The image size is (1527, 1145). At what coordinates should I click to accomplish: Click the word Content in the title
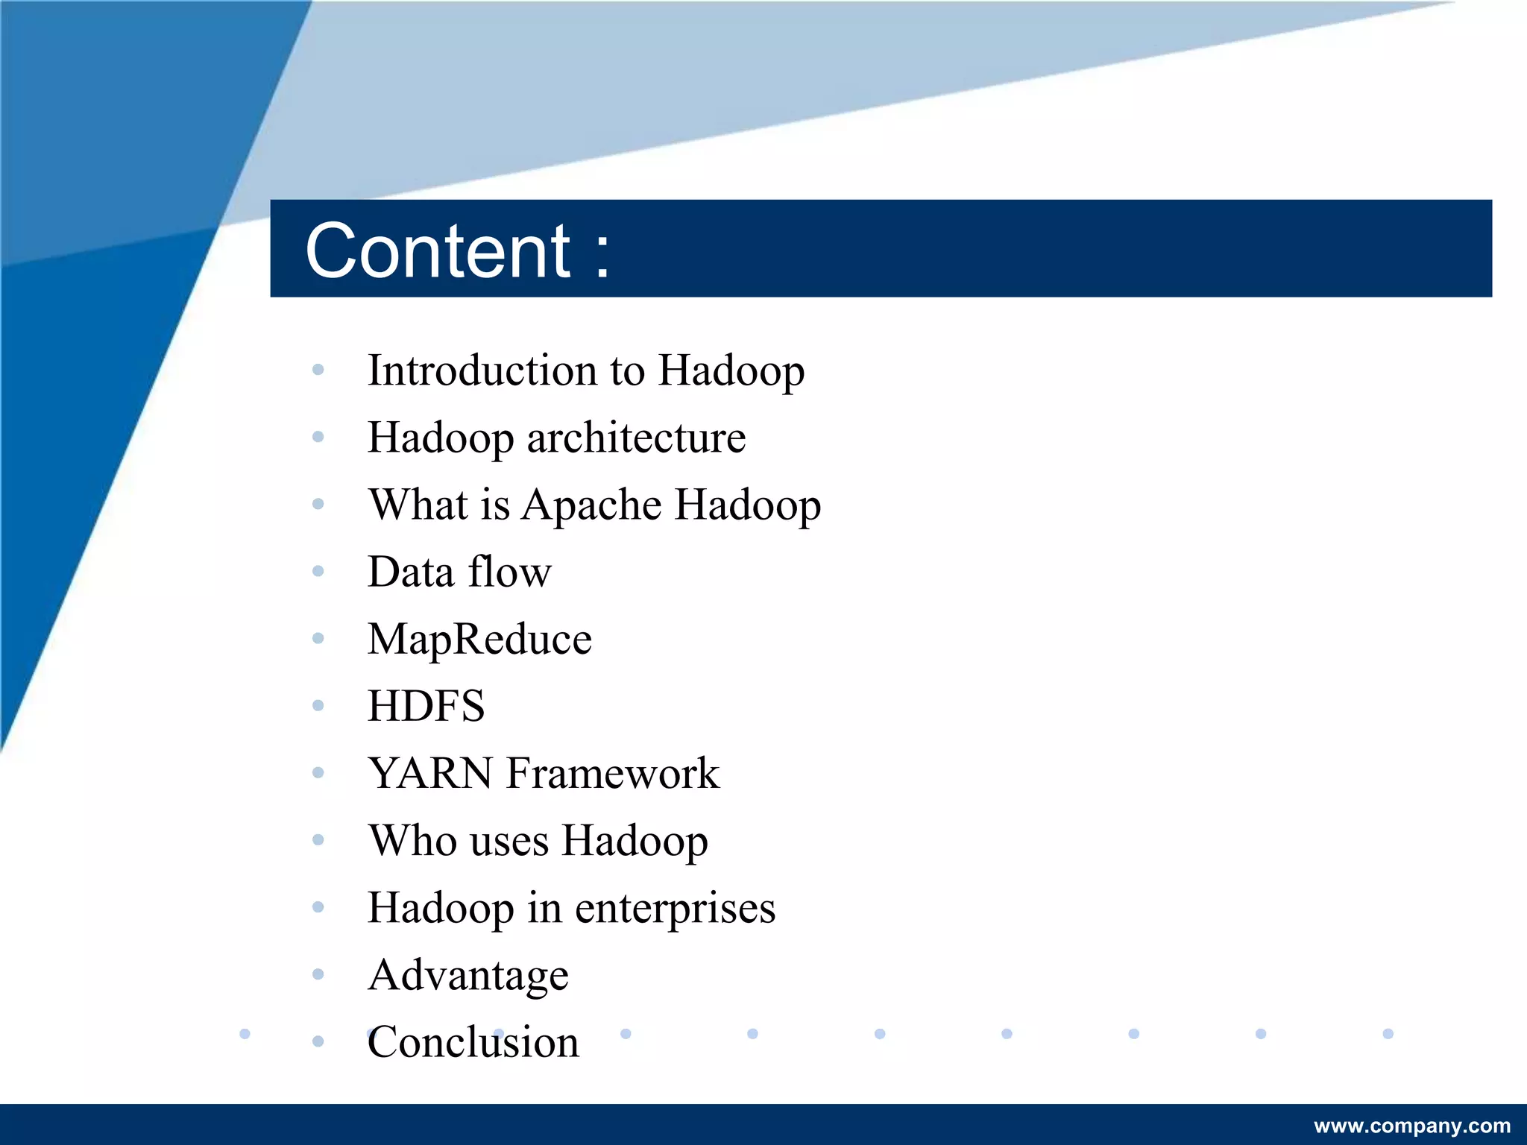438,251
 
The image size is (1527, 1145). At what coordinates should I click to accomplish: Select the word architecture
636,438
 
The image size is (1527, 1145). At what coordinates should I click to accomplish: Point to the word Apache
591,506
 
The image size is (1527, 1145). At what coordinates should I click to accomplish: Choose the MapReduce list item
479,640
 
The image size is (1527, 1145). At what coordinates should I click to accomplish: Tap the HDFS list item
426,706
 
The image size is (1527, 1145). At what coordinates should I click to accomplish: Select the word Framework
613,773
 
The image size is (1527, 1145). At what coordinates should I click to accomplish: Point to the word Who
412,841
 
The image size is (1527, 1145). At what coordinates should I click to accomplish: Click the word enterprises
675,909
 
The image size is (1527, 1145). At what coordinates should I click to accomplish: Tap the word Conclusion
473,1042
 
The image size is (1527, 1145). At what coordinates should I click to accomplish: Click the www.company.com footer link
1412,1126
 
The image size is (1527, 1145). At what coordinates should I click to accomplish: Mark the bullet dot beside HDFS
318,705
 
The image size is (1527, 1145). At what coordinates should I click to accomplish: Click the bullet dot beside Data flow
318,572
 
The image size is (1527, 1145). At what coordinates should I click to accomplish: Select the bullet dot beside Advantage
318,974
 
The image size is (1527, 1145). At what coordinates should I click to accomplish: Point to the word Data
411,572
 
